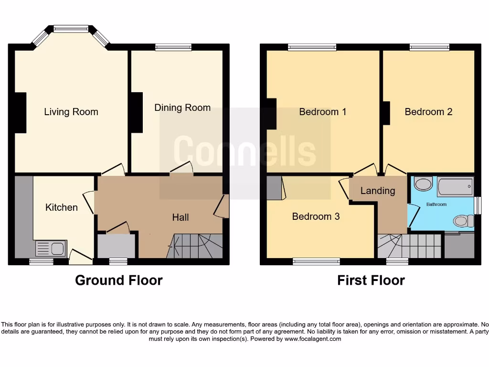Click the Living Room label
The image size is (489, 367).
click(x=71, y=112)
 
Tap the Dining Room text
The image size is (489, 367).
click(x=182, y=108)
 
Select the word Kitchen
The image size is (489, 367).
click(x=61, y=207)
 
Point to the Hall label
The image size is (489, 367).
click(x=181, y=217)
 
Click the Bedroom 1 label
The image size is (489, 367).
click(x=323, y=112)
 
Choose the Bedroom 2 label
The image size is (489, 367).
click(x=428, y=112)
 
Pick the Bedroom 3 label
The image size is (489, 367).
click(x=316, y=216)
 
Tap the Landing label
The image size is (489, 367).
click(x=378, y=191)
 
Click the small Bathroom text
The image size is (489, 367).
click(x=436, y=205)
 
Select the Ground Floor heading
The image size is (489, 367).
click(x=118, y=281)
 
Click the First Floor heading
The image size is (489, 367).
click(x=371, y=281)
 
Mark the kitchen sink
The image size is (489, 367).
click(x=51, y=248)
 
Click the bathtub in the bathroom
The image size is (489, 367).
click(x=455, y=186)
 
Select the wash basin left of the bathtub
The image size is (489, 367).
click(x=423, y=183)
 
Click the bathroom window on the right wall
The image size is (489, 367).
click(x=478, y=205)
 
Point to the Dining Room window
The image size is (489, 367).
click(x=173, y=47)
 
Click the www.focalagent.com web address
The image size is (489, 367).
click(x=313, y=339)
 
